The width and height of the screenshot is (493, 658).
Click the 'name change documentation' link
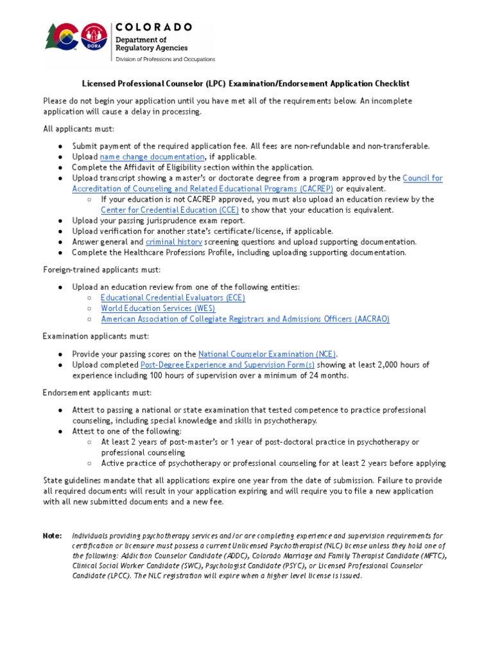click(x=152, y=157)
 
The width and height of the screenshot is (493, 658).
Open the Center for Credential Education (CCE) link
click(x=169, y=210)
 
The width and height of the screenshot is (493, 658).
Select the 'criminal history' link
click(x=174, y=242)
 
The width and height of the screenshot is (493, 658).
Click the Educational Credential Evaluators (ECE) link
click(x=173, y=298)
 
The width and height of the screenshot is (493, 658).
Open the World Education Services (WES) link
click(x=158, y=308)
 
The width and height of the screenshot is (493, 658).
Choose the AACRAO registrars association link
click(x=245, y=319)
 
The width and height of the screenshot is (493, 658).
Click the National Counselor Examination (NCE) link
click(x=268, y=354)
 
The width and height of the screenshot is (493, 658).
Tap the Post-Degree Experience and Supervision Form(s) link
click(x=227, y=365)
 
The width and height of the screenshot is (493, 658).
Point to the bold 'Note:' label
click(x=53, y=535)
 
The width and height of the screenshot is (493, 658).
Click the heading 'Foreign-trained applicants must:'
click(x=102, y=269)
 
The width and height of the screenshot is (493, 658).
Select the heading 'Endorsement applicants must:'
click(x=98, y=393)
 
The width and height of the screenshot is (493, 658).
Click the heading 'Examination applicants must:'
click(x=96, y=337)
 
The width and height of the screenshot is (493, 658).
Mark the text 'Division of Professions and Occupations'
click(x=165, y=59)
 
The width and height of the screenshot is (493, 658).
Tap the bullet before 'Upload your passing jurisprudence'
click(x=60, y=220)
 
